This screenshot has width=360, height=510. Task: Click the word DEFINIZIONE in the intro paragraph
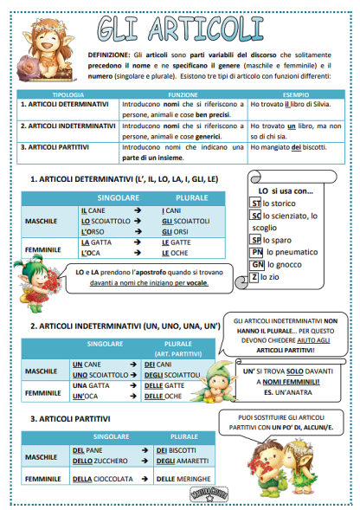[x=108, y=54]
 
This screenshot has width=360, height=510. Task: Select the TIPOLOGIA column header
[x=67, y=94]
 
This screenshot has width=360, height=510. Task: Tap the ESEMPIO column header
[x=295, y=94]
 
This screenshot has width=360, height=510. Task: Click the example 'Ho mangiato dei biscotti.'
[x=288, y=147]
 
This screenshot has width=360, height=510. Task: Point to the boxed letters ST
[x=254, y=203]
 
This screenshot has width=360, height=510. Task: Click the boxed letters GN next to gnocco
[x=257, y=264]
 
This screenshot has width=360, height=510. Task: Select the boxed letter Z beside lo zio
[x=254, y=277]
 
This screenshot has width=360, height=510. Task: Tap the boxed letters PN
[x=257, y=252]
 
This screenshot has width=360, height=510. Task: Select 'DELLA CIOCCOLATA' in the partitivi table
[x=102, y=478]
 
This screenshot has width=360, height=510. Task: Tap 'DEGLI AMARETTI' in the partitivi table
[x=178, y=462]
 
